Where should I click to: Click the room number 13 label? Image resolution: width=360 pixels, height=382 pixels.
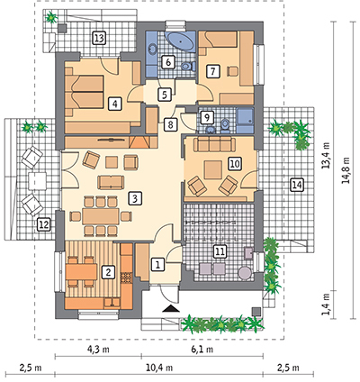[x=99, y=38]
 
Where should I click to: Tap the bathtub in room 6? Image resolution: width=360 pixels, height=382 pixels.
[x=180, y=41]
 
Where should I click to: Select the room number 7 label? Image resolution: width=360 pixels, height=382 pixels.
[x=213, y=71]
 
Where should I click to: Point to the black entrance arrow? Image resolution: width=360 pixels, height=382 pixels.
[x=171, y=308]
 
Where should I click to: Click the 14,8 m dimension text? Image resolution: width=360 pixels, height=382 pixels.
[x=347, y=170]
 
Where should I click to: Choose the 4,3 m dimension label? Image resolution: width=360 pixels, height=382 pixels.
[x=98, y=349]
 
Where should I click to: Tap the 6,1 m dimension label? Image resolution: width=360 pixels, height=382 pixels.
[x=202, y=349]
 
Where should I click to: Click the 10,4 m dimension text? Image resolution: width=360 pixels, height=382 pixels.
[x=159, y=368]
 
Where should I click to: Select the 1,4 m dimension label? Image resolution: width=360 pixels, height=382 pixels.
[x=326, y=304]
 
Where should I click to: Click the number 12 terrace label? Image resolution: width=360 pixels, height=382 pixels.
[x=44, y=224]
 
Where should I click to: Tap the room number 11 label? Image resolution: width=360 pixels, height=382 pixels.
[x=220, y=251]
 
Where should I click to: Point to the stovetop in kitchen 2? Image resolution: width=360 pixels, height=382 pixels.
[x=126, y=277]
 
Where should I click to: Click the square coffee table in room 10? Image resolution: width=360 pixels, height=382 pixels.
[x=213, y=169]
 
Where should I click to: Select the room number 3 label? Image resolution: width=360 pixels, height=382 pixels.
[x=135, y=198]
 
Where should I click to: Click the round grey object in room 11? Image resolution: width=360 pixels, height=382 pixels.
[x=245, y=273]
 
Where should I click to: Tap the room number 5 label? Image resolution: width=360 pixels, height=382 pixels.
[x=164, y=95]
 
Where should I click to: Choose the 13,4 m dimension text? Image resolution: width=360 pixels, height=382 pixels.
[x=327, y=155]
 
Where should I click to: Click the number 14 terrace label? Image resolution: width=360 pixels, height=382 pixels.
[x=297, y=185]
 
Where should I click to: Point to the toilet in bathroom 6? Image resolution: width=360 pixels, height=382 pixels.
[x=188, y=66]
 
